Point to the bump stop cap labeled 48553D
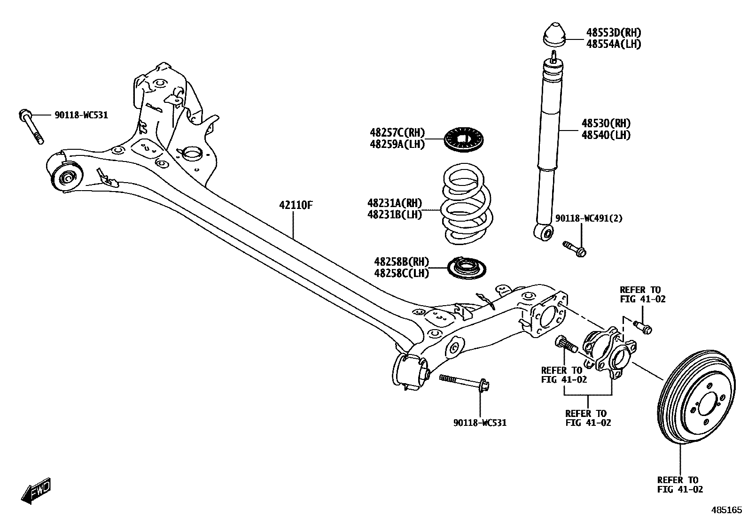coord(554,36)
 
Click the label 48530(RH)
coord(606,123)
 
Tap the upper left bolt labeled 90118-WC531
coord(31,126)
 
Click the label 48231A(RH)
coord(394,203)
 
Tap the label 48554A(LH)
coord(613,44)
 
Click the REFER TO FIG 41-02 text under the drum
coord(680,485)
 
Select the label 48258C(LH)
coord(401,273)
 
